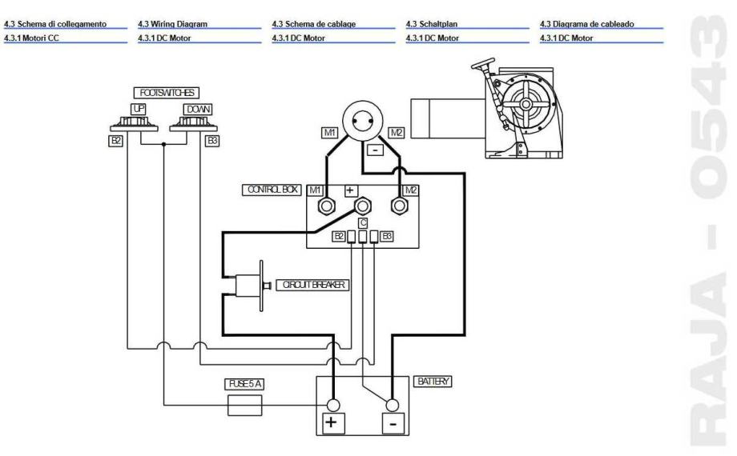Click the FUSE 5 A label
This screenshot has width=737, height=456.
[244, 384]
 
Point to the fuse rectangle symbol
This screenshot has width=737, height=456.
[245, 406]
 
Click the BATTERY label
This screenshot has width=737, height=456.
[433, 383]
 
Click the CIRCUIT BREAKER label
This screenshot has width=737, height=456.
[312, 285]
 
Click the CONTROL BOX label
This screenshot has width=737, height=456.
[270, 190]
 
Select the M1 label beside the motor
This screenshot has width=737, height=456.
[328, 133]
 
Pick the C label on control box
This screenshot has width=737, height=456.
[363, 223]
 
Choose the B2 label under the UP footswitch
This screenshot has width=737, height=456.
[115, 141]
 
